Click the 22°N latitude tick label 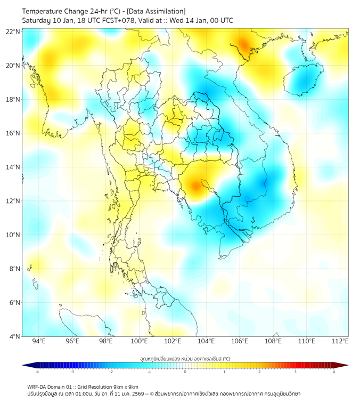[x=13, y=31]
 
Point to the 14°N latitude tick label [x=13, y=167]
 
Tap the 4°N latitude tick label [x=14, y=336]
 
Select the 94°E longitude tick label [x=39, y=342]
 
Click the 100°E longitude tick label [x=139, y=342]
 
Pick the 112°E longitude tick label [x=340, y=342]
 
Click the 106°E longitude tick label [x=240, y=342]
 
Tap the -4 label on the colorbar [x=37, y=372]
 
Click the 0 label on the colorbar [x=185, y=372]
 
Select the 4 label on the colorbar [x=334, y=372]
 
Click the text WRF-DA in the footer [x=38, y=386]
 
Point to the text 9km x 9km [x=126, y=386]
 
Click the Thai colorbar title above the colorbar [x=185, y=358]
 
